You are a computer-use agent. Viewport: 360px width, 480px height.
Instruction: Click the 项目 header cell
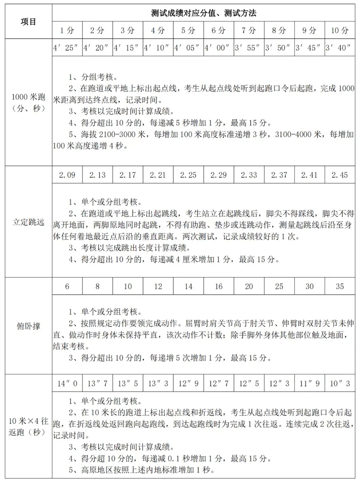28,22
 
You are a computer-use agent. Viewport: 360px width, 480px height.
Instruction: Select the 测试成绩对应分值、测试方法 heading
204,13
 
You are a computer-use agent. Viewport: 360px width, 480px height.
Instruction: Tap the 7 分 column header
249,30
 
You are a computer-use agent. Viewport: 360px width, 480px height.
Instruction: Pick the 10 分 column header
340,30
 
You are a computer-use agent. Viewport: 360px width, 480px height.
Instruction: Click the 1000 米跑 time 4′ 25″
67,48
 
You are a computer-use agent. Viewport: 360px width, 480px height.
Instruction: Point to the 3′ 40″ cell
340,48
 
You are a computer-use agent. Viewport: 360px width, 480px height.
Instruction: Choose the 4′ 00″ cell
218,48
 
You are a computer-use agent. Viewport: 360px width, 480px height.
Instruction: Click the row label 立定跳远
28,222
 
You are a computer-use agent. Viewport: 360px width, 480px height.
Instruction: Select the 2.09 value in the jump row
67,175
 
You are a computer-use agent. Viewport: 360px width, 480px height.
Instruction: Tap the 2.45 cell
340,175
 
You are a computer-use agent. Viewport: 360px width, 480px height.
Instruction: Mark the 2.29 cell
218,175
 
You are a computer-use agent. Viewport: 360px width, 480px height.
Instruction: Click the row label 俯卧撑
28,326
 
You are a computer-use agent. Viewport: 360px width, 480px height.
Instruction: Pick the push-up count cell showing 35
340,286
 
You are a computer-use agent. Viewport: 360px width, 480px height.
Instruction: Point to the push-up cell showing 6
67,286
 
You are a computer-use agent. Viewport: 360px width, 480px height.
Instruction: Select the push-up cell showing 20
249,286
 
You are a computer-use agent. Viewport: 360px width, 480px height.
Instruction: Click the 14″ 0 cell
67,384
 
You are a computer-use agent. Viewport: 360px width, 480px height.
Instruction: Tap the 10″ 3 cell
340,384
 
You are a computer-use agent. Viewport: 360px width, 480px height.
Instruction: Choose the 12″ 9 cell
188,384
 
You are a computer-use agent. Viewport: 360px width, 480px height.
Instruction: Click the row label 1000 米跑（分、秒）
28,102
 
